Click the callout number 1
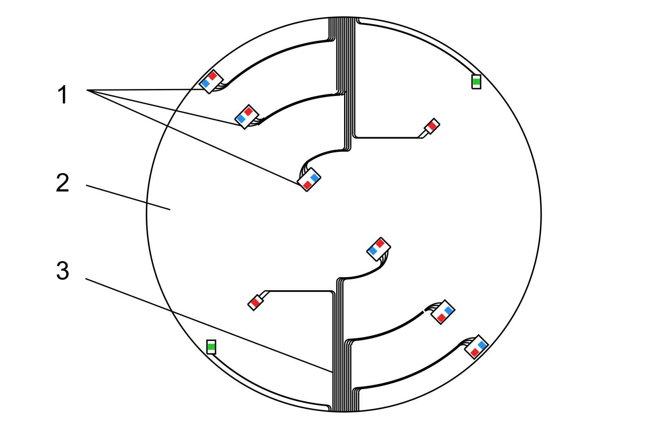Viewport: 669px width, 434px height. pyautogui.click(x=63, y=95)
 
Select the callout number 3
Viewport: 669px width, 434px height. pyautogui.click(x=63, y=271)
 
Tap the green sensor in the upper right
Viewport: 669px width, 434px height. pyautogui.click(x=476, y=82)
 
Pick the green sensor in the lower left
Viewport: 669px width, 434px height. pyautogui.click(x=211, y=347)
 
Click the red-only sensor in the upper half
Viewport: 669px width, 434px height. pyautogui.click(x=432, y=126)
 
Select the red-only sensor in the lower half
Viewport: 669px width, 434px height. pyautogui.click(x=256, y=302)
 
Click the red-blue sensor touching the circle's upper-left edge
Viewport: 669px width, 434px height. pyautogui.click(x=211, y=82)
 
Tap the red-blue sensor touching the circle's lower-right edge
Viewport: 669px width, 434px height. pyautogui.click(x=476, y=347)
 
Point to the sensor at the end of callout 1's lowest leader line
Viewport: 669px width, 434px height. pyautogui.click(x=309, y=180)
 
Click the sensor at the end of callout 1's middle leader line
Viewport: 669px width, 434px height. pyautogui.click(x=247, y=117)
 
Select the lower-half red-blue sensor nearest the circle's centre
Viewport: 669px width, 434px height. pyautogui.click(x=379, y=249)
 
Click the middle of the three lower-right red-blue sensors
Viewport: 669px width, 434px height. pyautogui.click(x=443, y=312)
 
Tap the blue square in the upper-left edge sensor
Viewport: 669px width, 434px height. pyautogui.click(x=205, y=83)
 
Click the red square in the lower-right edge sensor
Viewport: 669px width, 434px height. pyautogui.click(x=475, y=353)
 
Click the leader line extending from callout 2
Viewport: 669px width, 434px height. pyautogui.click(x=128, y=198)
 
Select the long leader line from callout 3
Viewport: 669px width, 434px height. pyautogui.click(x=209, y=325)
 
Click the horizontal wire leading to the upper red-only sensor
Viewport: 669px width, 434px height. pyautogui.click(x=388, y=138)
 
